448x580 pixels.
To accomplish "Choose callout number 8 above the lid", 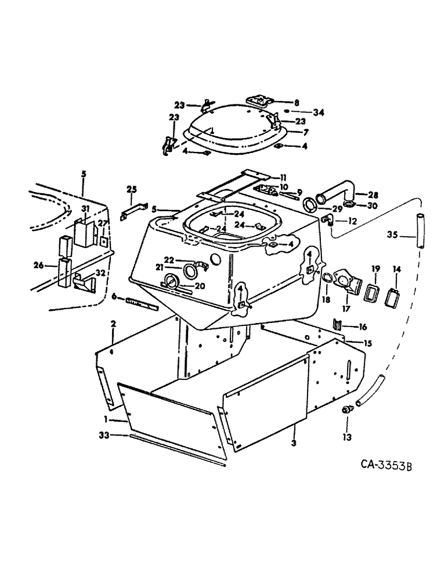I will [x=297, y=101].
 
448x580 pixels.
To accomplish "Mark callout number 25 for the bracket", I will [x=132, y=190].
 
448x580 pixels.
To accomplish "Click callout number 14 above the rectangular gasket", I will [x=396, y=269].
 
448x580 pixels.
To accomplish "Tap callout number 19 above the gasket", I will [x=375, y=269].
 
